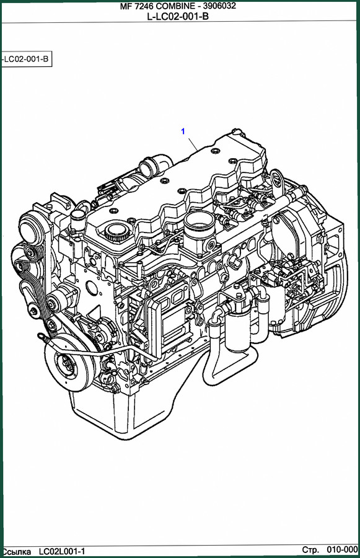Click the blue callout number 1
(x=183, y=131)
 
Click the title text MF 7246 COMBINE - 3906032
(x=178, y=6)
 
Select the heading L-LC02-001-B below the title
(x=178, y=15)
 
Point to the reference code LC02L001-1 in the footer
(x=62, y=552)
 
